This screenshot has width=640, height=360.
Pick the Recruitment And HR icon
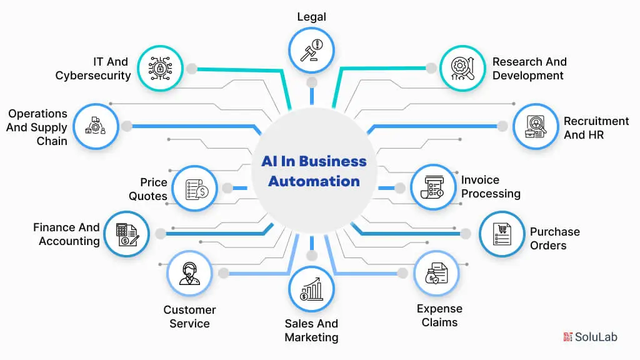pyautogui.click(x=536, y=126)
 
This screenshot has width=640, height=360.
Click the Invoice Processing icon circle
pyautogui.click(x=433, y=187)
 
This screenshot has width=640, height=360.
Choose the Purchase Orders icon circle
pyautogui.click(x=502, y=234)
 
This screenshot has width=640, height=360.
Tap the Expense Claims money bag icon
pyautogui.click(x=436, y=273)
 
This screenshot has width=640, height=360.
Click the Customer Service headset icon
pyautogui.click(x=189, y=273)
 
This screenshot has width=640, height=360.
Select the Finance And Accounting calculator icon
pyautogui.click(x=126, y=234)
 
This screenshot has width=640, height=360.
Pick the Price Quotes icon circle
pyautogui.click(x=194, y=187)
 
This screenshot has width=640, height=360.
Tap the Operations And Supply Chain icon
pyautogui.click(x=96, y=126)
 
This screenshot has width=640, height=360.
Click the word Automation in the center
pyautogui.click(x=313, y=182)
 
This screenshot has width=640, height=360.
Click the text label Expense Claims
pyautogui.click(x=439, y=316)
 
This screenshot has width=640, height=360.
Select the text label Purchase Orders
pyautogui.click(x=554, y=238)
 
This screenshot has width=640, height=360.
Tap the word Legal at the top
pyautogui.click(x=311, y=17)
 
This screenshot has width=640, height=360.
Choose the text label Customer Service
pyautogui.click(x=189, y=317)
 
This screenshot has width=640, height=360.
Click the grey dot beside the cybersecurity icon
pyautogui.click(x=191, y=68)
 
